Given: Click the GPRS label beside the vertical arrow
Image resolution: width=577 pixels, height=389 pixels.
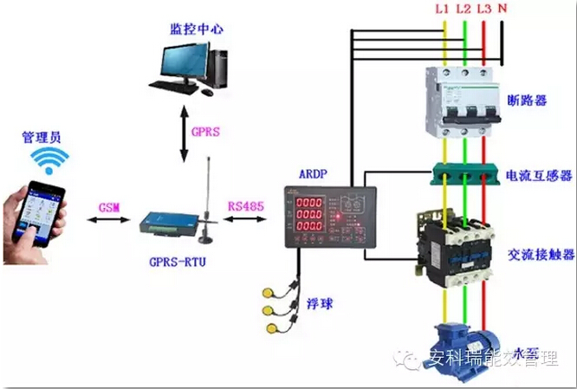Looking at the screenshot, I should coord(205,133).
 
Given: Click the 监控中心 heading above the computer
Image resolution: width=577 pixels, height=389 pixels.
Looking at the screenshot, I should coord(197,29).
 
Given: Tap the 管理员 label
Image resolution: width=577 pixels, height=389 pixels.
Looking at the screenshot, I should coord(42,137).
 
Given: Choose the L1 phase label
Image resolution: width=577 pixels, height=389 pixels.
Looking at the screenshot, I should coord(442,10).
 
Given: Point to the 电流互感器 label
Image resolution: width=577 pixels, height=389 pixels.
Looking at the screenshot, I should coord(539,176).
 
